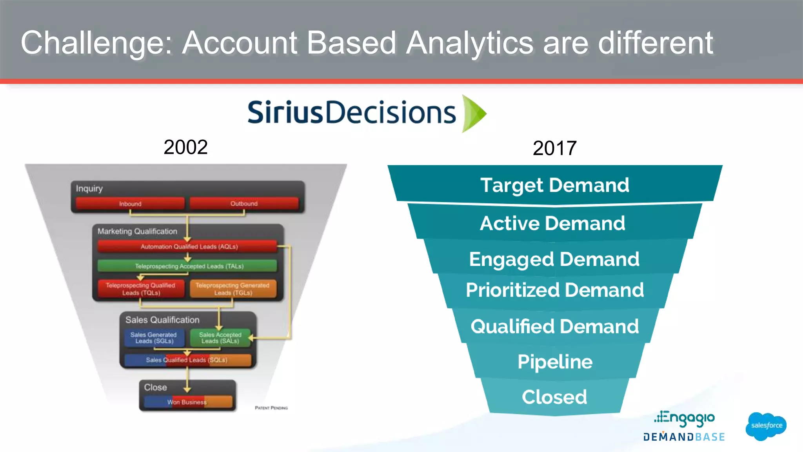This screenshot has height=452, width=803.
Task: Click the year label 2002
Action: click(185, 147)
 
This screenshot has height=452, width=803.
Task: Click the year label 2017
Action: click(554, 148)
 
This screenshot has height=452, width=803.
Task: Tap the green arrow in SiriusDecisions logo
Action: click(474, 113)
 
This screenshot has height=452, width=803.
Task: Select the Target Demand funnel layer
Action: click(554, 185)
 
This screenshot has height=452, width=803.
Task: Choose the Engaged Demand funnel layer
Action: click(554, 259)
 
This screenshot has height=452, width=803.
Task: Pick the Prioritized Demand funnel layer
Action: click(554, 290)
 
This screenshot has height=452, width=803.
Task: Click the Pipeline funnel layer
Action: click(554, 361)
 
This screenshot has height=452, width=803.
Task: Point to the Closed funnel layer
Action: click(554, 397)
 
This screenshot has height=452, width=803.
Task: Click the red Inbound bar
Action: click(130, 204)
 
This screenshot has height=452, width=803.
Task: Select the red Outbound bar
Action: click(244, 204)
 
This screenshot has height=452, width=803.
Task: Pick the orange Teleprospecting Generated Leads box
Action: click(233, 289)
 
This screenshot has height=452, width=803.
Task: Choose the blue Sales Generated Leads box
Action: click(154, 338)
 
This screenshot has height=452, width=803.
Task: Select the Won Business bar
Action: click(187, 402)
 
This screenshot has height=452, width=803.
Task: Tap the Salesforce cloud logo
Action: click(766, 426)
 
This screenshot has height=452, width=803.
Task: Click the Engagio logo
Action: click(684, 418)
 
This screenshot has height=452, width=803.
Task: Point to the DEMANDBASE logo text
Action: click(684, 437)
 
